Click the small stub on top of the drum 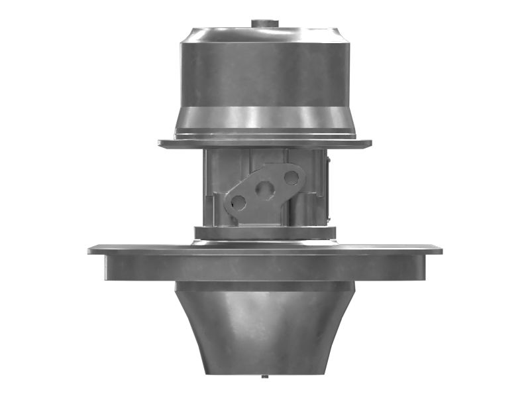(x=264, y=24)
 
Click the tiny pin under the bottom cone (x=264, y=378)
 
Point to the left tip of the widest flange (x=90, y=250)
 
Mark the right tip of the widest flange (x=440, y=250)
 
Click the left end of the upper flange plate (x=161, y=143)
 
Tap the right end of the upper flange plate (x=369, y=143)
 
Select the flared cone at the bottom (x=265, y=332)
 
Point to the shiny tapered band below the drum (x=265, y=119)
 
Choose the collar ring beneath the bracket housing (x=265, y=233)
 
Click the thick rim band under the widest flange (x=265, y=268)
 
